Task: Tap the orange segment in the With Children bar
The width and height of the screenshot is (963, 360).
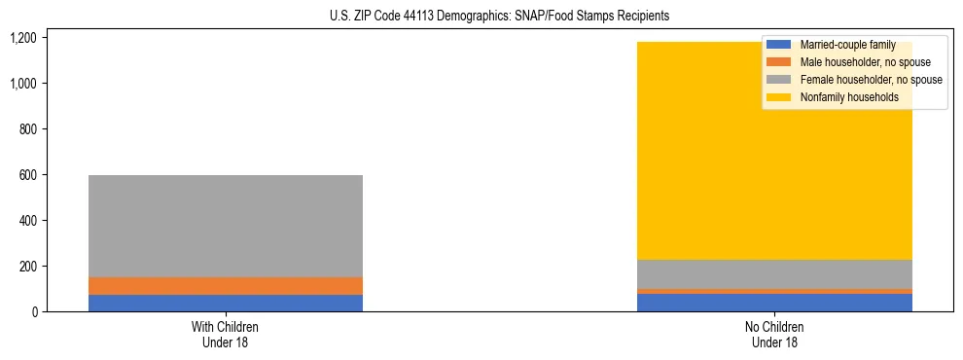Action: pos(225,286)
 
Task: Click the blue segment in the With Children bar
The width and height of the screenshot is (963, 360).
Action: pos(225,303)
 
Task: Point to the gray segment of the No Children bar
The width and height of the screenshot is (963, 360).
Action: pos(775,274)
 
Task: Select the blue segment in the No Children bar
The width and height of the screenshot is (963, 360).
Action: pos(775,303)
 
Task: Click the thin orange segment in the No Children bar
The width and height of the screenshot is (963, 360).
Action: pos(775,291)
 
